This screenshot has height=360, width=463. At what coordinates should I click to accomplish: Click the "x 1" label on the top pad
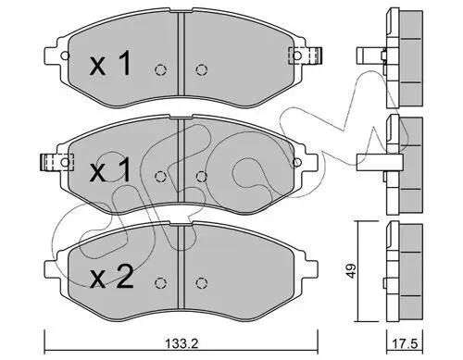(x=109, y=66)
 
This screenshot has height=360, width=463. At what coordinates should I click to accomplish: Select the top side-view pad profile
(x=398, y=51)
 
